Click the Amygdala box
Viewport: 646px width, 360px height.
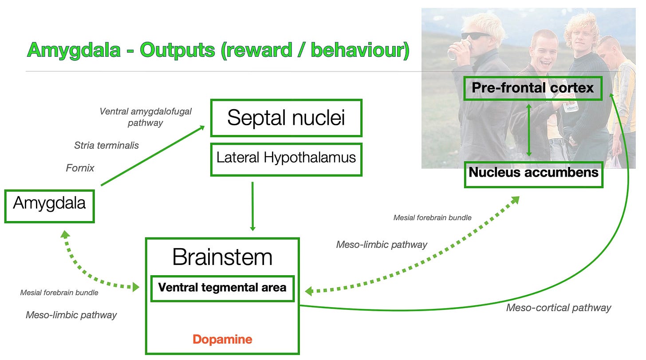click(49, 206)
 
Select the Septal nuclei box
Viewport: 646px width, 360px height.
click(286, 118)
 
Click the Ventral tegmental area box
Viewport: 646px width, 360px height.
click(222, 288)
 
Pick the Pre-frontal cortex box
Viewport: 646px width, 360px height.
click(532, 88)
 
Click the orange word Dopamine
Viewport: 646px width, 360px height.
click(222, 340)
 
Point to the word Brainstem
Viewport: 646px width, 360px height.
click(222, 257)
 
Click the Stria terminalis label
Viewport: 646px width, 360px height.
click(106, 145)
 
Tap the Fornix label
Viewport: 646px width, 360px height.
click(80, 168)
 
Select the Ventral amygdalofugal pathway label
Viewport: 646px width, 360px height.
click(146, 117)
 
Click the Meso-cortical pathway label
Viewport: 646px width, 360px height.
click(559, 308)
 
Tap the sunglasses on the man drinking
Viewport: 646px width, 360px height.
click(476, 36)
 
